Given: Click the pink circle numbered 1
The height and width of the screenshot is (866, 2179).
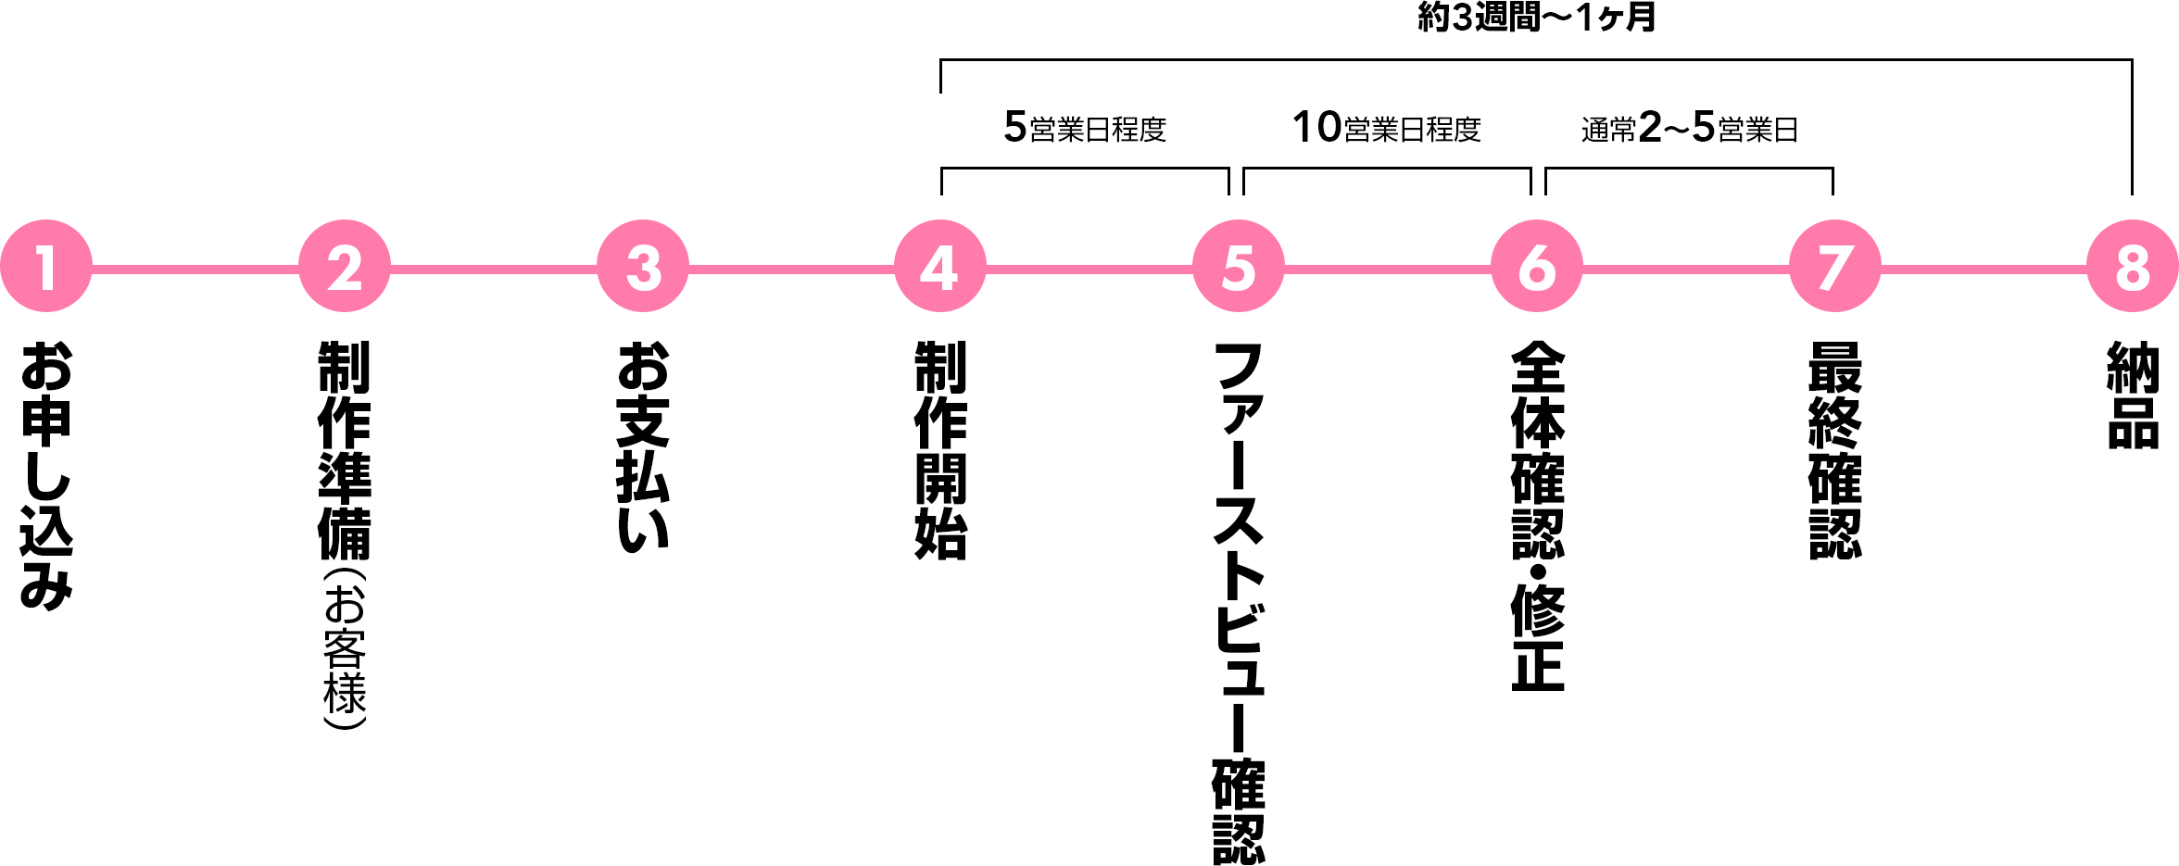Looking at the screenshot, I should point(46,267).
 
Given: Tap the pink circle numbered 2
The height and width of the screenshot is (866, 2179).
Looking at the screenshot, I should point(345,267).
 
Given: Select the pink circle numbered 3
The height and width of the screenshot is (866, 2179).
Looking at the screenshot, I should point(643,267).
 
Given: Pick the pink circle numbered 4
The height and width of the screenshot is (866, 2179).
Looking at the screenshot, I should point(940,267).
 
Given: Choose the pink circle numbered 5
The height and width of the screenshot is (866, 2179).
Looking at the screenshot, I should point(1239,267).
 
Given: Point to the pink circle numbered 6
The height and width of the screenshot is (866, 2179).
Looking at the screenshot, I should point(1537,267).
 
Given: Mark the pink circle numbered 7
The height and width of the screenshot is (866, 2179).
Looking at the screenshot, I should point(1835,267).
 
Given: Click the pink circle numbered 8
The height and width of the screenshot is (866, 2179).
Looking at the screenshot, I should point(2133,267).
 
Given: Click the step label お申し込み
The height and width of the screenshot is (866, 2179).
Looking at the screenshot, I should point(46,475).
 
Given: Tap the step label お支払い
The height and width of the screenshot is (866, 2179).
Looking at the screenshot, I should point(643,447).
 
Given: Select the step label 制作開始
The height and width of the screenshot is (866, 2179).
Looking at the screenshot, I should point(940,450).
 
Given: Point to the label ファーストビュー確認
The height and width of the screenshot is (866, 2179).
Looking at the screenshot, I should point(1239,602).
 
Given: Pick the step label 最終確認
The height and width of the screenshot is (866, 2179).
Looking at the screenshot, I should point(1835,450).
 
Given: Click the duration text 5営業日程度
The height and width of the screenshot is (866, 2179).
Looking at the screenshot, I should point(1085,128).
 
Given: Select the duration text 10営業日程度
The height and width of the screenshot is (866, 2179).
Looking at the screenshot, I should point(1387,128).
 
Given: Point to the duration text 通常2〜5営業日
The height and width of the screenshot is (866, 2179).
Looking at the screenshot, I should point(1689,128).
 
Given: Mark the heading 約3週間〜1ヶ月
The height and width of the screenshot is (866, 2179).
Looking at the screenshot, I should point(1536,17).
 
